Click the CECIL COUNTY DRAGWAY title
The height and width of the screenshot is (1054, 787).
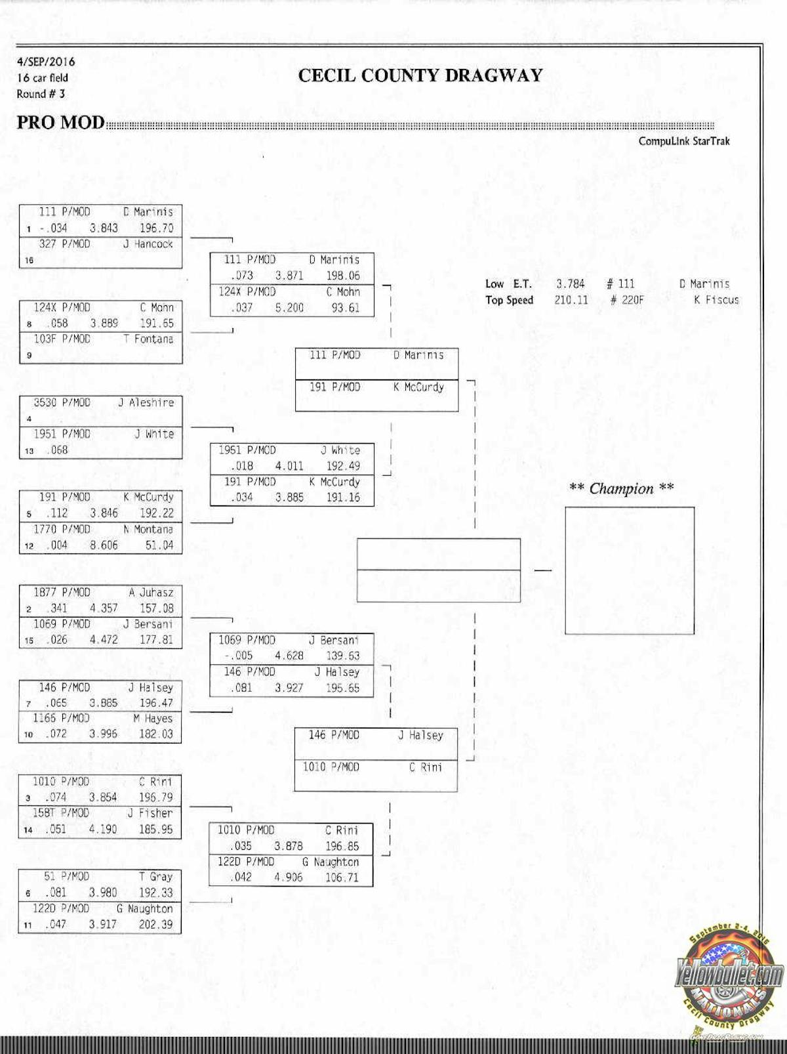[x=420, y=75]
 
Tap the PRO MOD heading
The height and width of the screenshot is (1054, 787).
[x=60, y=123]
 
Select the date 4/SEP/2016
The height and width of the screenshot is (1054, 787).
[x=46, y=62]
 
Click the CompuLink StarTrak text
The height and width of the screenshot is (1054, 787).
[x=684, y=141]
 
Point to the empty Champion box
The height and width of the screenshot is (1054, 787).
[x=629, y=570]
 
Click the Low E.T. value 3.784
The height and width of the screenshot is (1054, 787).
[x=570, y=284]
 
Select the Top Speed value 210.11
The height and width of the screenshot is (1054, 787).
[x=571, y=300]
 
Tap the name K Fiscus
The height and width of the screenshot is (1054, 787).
[x=716, y=300]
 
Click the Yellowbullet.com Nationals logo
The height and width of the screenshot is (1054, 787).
[x=729, y=978]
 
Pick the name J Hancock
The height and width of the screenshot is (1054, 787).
[x=148, y=244]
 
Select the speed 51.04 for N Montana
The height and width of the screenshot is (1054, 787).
[x=159, y=545]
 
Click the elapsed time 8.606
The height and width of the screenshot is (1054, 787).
[x=104, y=545]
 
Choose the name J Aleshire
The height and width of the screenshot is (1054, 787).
[x=146, y=403]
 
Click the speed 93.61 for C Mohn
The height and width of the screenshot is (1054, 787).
[x=345, y=308]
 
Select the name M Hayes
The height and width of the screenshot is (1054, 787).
[x=153, y=719]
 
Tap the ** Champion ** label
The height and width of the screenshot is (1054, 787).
[x=621, y=488]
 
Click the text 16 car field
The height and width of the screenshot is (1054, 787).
[x=43, y=77]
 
